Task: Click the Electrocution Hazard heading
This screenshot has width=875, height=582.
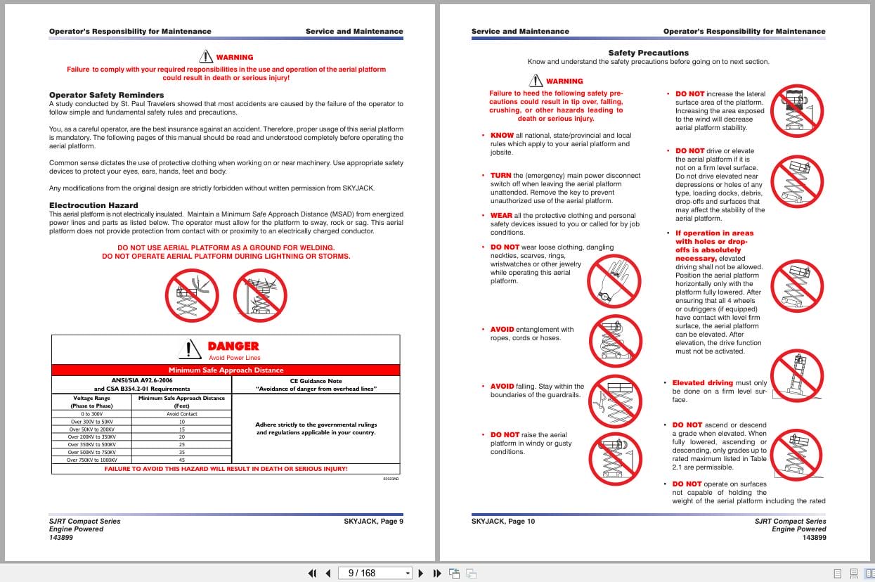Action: (93, 205)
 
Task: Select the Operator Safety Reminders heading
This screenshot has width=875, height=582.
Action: (106, 95)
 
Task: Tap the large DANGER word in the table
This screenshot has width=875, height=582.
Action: (233, 346)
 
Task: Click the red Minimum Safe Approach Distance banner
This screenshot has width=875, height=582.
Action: (226, 370)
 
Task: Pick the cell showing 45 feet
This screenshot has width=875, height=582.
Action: (181, 460)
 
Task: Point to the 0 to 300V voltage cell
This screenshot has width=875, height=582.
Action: (91, 414)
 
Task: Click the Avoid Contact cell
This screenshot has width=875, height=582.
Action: (181, 414)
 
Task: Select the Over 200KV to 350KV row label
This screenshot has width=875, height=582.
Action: (91, 436)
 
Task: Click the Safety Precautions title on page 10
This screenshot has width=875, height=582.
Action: (648, 53)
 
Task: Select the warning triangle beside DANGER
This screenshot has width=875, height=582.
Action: (189, 347)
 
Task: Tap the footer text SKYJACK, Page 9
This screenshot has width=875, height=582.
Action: (373, 522)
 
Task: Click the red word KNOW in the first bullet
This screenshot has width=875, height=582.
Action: (502, 136)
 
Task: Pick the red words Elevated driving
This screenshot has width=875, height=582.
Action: (702, 383)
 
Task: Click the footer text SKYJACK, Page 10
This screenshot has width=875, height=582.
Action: (503, 522)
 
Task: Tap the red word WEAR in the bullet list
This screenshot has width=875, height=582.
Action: (501, 216)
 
